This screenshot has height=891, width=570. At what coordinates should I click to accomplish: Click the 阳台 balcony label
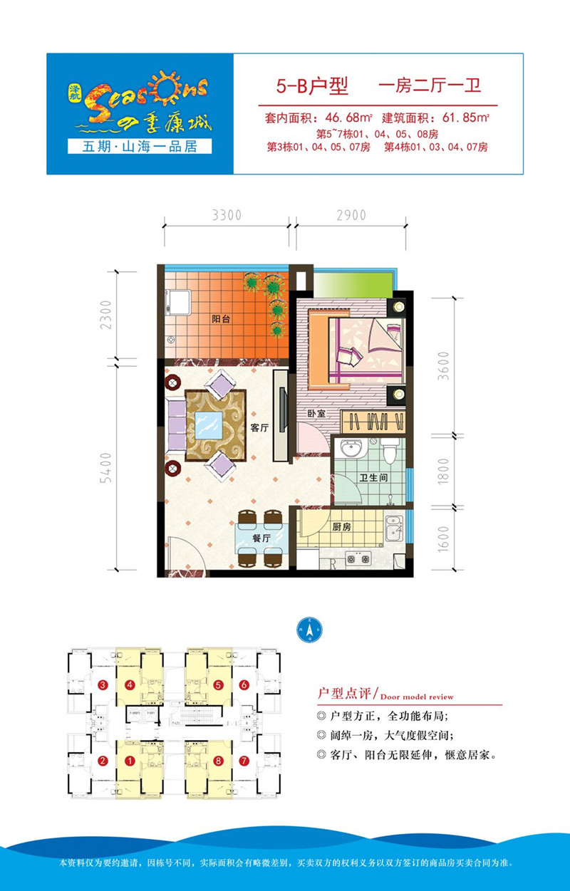pos(220,320)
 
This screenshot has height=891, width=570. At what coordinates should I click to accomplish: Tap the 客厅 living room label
pos(259,428)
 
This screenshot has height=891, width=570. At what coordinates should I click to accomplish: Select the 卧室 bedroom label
pos(316,412)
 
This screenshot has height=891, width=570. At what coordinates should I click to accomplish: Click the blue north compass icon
pos(309,630)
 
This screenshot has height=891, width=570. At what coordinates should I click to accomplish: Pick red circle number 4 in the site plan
pos(130,685)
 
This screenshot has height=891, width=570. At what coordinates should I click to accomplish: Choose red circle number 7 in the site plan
pos(244,761)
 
